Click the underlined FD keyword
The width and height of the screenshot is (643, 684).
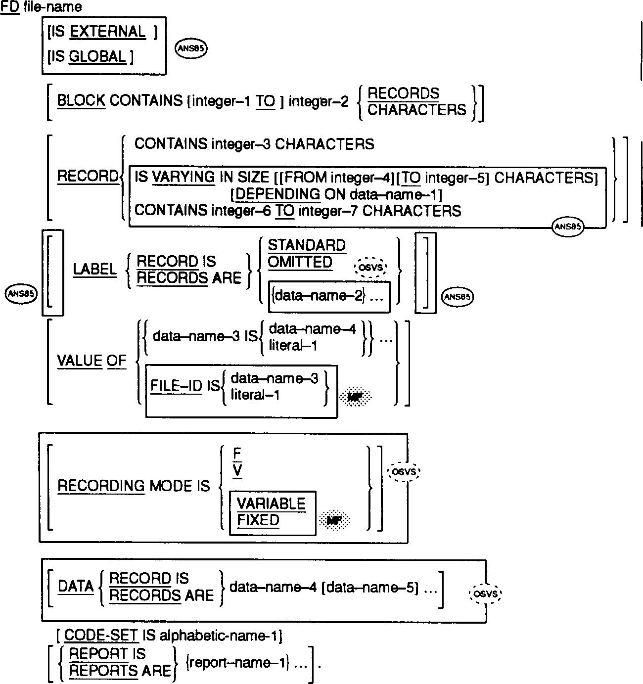(x=10, y=7)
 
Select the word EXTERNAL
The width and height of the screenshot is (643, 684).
(x=108, y=32)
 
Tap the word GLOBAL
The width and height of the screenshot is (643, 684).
(x=97, y=56)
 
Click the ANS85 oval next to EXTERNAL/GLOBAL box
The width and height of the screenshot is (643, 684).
(x=191, y=48)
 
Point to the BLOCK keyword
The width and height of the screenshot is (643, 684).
(x=81, y=101)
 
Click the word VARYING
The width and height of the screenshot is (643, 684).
(x=184, y=177)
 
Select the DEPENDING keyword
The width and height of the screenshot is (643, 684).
(x=277, y=194)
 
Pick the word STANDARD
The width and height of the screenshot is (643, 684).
(x=307, y=245)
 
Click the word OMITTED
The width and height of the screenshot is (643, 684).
(x=300, y=262)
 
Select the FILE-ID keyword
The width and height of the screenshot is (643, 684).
(x=177, y=386)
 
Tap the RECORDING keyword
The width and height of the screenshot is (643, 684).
(x=101, y=486)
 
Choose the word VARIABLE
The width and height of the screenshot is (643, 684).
(x=271, y=504)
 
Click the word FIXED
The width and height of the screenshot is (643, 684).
(x=258, y=520)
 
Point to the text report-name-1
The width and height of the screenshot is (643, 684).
(x=238, y=663)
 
